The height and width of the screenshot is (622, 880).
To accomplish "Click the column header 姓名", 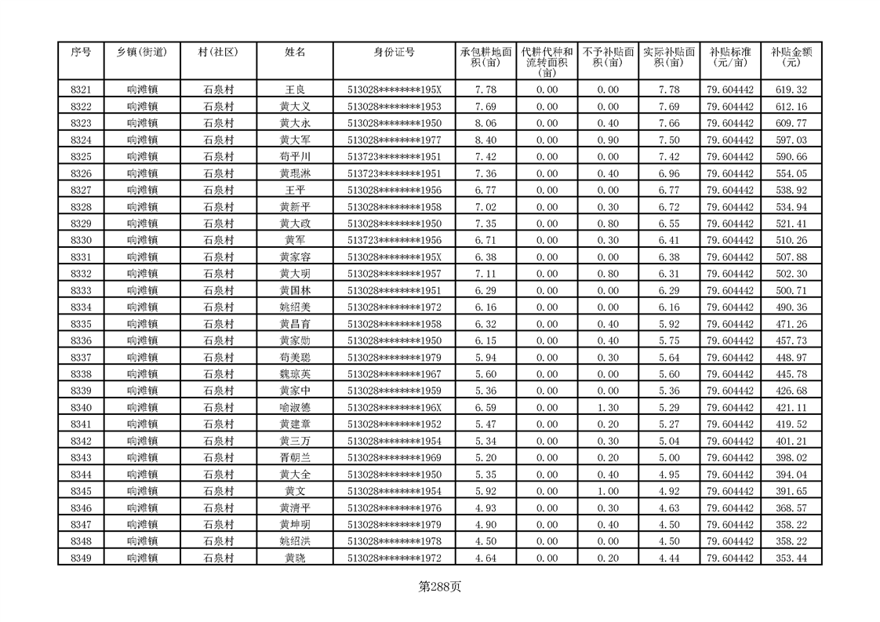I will click(295, 53).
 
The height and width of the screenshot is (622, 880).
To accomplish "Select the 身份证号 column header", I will click(394, 53).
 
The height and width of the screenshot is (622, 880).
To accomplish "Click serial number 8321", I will click(81, 89).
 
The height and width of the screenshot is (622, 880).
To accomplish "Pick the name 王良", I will click(295, 89).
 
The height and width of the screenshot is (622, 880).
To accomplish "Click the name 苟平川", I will click(295, 157).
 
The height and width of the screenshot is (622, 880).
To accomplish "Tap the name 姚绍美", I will click(295, 307).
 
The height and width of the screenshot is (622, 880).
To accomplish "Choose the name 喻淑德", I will click(295, 408).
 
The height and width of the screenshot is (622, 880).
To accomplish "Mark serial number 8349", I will click(81, 558).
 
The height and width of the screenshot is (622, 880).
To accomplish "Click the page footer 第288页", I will click(440, 587).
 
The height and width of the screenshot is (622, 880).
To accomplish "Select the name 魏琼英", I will click(295, 374).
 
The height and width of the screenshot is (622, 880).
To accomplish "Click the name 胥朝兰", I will click(295, 458).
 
